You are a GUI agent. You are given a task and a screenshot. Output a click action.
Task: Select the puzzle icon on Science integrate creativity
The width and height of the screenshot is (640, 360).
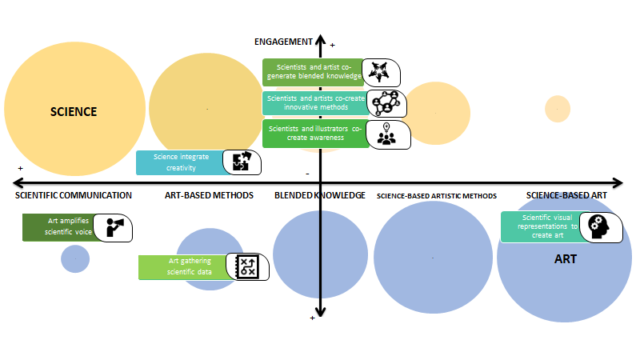point(242,162)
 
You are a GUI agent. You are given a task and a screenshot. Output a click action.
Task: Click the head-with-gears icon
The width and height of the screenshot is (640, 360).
point(600,226)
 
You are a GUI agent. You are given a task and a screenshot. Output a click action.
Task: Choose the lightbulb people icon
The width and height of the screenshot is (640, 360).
point(388,134)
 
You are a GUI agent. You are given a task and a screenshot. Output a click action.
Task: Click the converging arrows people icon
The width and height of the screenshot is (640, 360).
point(380,72)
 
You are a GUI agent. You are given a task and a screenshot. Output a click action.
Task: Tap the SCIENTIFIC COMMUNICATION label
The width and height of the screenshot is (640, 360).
point(73,195)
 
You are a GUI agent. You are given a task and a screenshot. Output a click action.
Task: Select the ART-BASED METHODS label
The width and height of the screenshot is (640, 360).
point(209,195)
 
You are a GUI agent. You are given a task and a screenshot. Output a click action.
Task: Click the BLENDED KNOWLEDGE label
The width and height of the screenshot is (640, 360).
point(320,195)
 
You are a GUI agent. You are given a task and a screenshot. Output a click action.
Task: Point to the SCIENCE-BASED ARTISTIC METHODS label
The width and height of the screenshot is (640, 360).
point(437,195)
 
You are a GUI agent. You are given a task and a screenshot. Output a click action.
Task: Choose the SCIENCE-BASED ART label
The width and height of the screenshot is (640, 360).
point(570,195)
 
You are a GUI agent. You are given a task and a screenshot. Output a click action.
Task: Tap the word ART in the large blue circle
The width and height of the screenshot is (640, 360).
point(566,259)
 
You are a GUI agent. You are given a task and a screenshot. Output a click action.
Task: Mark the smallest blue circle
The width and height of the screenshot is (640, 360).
point(75,258)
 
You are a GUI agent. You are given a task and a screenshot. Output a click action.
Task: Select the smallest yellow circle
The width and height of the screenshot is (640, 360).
point(557,108)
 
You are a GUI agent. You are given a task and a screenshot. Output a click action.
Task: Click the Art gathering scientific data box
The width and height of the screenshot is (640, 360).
point(183,267)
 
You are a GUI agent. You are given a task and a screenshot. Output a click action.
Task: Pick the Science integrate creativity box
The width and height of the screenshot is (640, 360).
point(178,162)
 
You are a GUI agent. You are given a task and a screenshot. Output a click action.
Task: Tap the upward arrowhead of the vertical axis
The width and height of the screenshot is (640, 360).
point(320,40)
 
